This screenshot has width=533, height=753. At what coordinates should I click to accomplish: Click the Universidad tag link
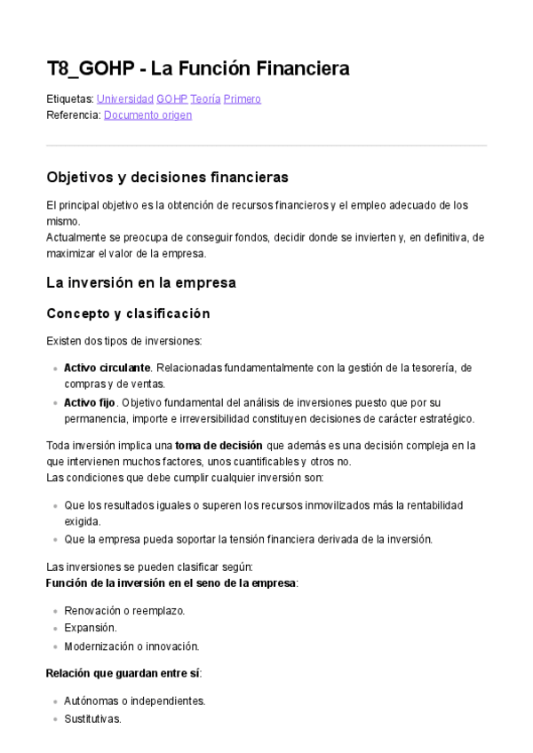click(124, 99)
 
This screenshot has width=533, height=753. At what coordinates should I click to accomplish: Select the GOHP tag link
click(171, 99)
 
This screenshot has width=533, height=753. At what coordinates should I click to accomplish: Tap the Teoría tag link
click(205, 99)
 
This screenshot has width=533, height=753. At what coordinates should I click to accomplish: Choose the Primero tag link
click(243, 99)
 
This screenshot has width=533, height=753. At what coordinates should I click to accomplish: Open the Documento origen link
click(147, 115)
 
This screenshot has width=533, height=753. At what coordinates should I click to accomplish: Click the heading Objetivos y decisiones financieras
click(167, 178)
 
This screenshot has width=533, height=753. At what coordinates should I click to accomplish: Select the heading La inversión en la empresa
click(140, 283)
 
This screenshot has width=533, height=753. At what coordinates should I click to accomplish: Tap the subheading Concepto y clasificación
click(128, 313)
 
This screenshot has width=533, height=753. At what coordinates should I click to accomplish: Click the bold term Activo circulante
click(107, 368)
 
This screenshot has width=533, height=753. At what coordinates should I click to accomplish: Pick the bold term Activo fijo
click(90, 402)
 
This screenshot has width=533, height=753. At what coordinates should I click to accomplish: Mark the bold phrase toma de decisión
click(219, 445)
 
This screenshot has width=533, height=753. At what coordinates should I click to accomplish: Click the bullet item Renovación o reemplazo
click(124, 611)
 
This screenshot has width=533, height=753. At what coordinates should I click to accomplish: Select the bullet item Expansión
click(91, 628)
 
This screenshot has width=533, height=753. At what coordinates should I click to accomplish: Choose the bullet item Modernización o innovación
click(131, 646)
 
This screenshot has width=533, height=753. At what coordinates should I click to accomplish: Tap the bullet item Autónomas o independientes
click(134, 701)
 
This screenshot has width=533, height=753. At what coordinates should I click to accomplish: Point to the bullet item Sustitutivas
click(92, 717)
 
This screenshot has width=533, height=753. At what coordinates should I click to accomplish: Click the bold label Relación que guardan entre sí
click(123, 673)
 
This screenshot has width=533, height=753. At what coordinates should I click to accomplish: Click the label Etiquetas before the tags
click(68, 99)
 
